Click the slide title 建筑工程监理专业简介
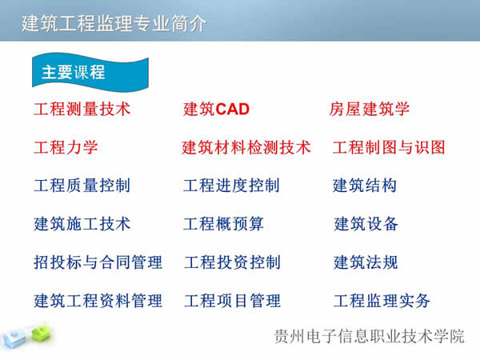coord(114,23)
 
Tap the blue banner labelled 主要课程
coord(74,72)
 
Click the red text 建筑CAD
coord(217,109)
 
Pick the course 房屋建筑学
coord(370,109)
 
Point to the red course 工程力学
coord(66,148)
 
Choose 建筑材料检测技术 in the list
coord(246,148)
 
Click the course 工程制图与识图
coord(389,148)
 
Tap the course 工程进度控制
coord(231,186)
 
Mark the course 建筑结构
coord(365,186)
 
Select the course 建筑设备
coord(366,224)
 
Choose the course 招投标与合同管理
coord(98,262)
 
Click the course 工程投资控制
coord(232,262)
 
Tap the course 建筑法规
coord(366,262)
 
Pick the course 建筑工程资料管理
coord(98,301)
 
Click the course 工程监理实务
coord(382,301)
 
